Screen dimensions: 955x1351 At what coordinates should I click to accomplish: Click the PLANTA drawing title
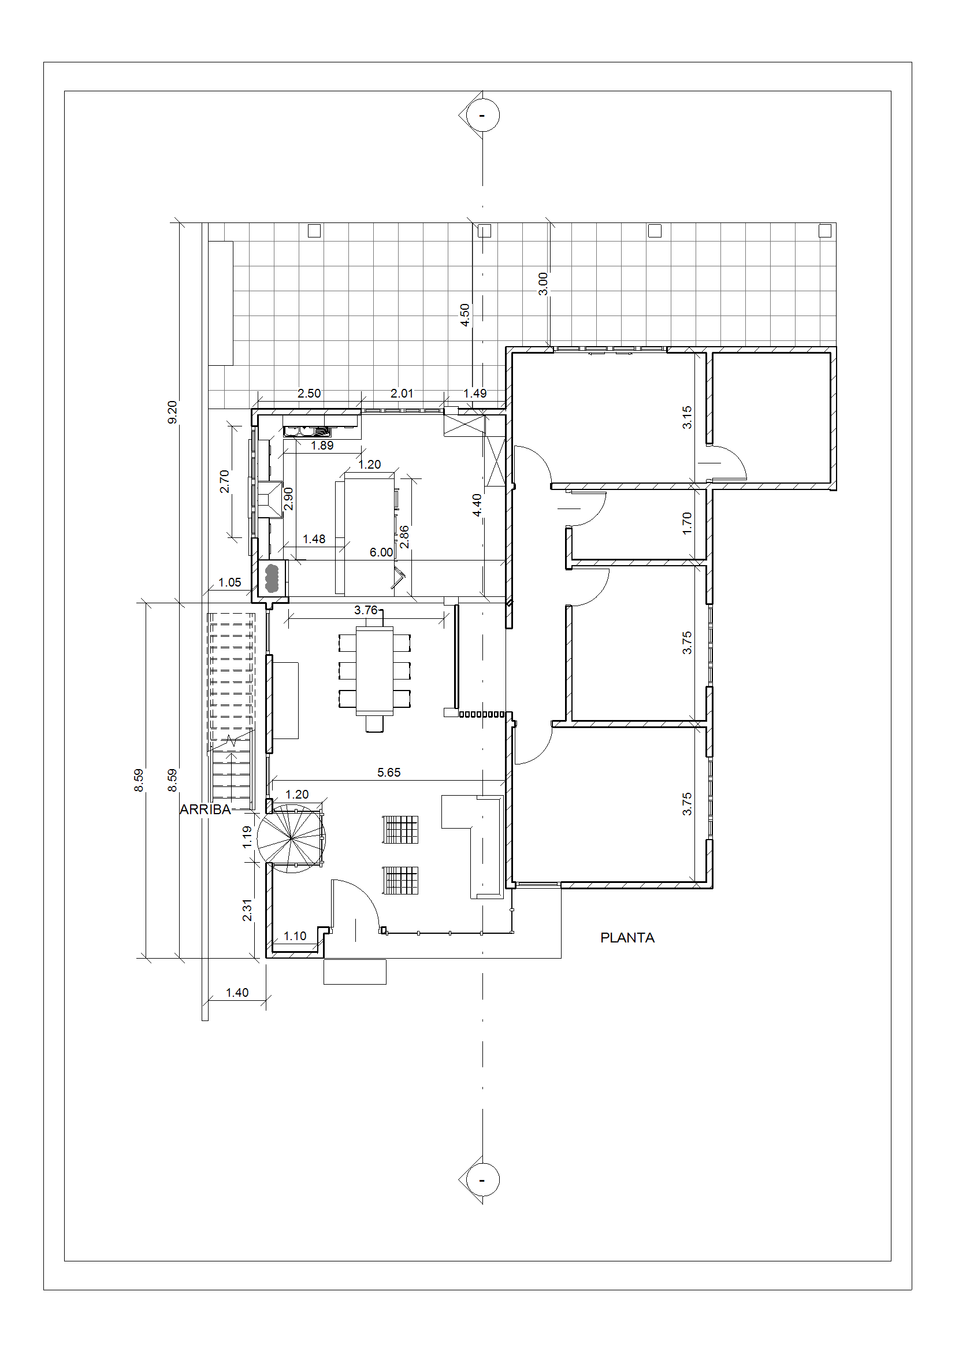point(627,938)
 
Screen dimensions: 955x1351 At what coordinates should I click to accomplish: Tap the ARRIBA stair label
point(205,810)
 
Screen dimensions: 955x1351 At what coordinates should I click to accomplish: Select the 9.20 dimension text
point(172,412)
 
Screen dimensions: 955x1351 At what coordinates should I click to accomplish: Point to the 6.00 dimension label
point(381,552)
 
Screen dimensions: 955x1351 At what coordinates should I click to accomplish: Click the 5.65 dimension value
point(389,773)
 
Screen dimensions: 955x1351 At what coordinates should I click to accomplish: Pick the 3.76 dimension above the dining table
point(366,610)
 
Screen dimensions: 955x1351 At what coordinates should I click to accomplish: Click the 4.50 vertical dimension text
point(465,315)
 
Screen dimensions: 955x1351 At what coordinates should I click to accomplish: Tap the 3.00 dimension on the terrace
point(543,284)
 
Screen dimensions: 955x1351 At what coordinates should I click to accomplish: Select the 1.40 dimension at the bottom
point(237,993)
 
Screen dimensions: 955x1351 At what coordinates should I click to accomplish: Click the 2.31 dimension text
point(247,910)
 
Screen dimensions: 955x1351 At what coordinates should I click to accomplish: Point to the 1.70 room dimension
point(687,523)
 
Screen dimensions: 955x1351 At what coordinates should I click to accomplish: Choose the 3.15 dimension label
point(687,417)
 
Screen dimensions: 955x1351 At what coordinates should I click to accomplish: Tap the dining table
point(375,671)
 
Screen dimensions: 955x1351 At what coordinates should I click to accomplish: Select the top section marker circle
point(482,115)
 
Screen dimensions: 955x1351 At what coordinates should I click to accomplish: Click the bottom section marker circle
point(482,1180)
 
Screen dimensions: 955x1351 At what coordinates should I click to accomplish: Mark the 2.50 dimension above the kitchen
point(309,394)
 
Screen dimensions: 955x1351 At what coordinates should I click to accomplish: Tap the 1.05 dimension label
point(229,582)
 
